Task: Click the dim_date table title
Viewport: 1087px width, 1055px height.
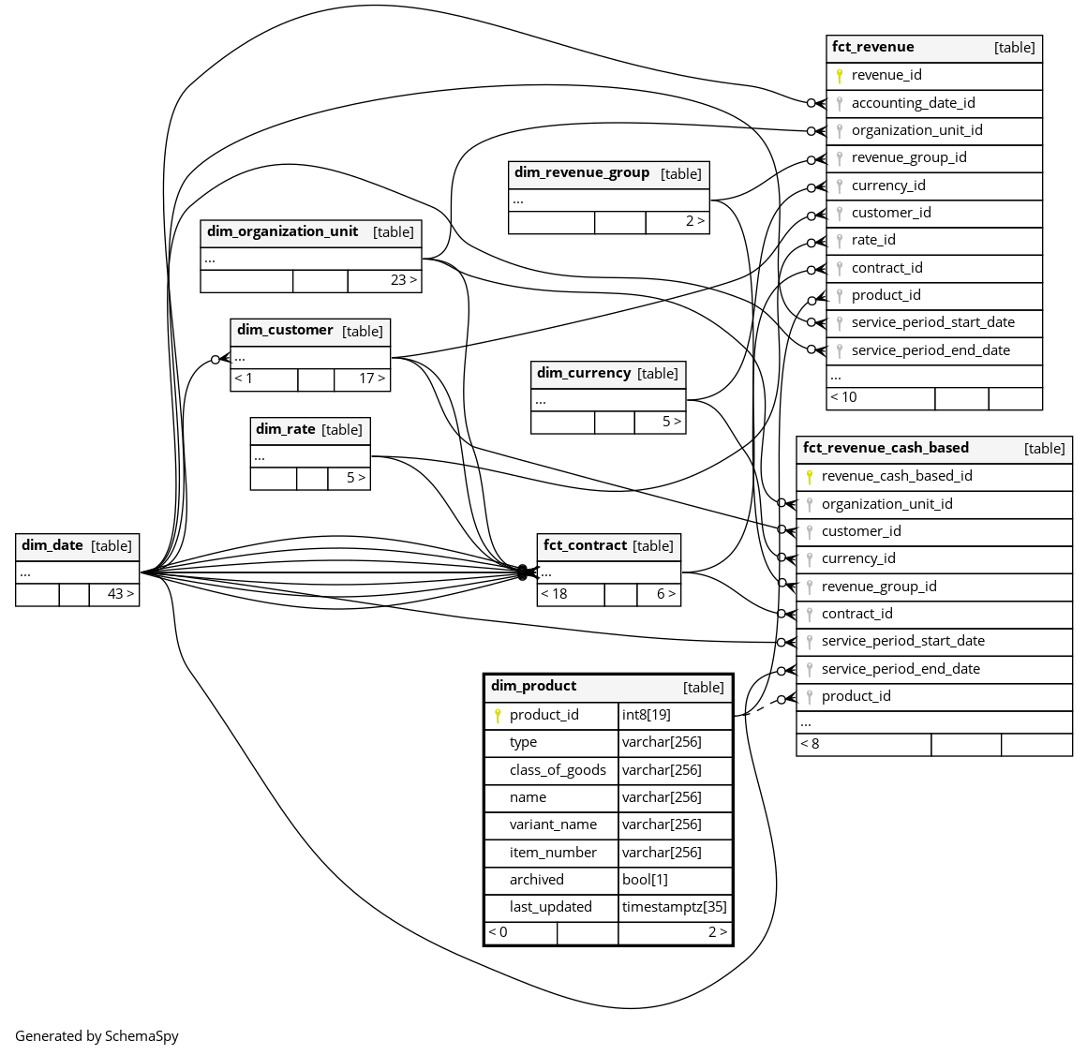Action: (52, 545)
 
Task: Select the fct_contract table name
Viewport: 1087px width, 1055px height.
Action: (585, 545)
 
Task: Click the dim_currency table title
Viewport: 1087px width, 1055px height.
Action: (584, 373)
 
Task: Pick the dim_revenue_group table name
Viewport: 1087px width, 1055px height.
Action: (582, 172)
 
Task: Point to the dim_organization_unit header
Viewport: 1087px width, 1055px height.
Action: (282, 231)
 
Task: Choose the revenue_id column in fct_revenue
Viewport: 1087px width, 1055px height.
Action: (886, 75)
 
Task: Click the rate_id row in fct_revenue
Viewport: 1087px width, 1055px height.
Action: (873, 240)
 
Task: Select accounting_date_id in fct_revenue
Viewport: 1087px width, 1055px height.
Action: (913, 103)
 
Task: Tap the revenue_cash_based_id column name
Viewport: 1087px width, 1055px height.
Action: (897, 476)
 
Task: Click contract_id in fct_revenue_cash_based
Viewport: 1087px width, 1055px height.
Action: (856, 614)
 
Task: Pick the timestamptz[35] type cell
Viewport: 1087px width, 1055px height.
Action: (675, 907)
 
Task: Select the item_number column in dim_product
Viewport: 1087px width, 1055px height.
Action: (553, 853)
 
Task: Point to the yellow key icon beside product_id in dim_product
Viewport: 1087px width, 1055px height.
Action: (499, 716)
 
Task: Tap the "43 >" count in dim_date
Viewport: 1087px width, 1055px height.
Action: (121, 594)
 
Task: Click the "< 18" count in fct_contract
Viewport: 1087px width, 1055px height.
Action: (554, 594)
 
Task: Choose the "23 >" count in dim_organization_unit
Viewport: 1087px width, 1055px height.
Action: (404, 280)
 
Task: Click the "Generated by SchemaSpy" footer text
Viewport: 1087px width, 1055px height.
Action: (97, 1036)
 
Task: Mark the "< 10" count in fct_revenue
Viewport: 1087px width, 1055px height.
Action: (843, 397)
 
